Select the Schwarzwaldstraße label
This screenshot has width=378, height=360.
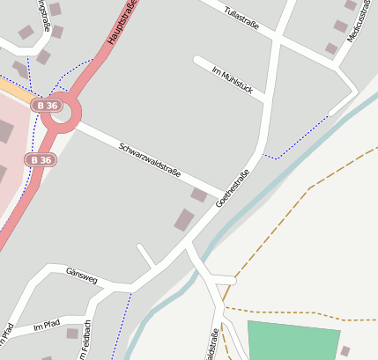pyautogui.click(x=150, y=159)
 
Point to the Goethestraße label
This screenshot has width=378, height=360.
pyautogui.click(x=233, y=188)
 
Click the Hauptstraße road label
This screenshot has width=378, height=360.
pyautogui.click(x=124, y=23)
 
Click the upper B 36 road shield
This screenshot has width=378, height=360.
pyautogui.click(x=48, y=106)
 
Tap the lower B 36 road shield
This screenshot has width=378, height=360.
pyautogui.click(x=39, y=160)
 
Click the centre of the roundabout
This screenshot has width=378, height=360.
pyautogui.click(x=64, y=113)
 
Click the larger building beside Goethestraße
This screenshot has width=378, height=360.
pyautogui.click(x=184, y=220)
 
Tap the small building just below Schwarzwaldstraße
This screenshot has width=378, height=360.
pyautogui.click(x=200, y=195)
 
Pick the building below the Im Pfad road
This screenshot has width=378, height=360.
pyautogui.click(x=72, y=334)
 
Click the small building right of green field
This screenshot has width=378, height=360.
pyautogui.click(x=345, y=350)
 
